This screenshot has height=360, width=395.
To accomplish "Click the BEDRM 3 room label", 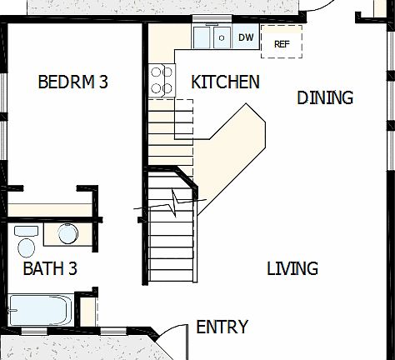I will pos(73,82).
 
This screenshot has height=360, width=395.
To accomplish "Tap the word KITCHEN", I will pos(225,82).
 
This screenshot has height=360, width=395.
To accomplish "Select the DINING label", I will pos(325,98).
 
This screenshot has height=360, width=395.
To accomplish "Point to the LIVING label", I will pos(292,269).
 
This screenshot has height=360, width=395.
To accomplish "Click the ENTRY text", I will pos(222,327).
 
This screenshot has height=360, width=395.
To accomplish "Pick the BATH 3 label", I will pos(50,269).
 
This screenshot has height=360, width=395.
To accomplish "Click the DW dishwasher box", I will pos(246,37).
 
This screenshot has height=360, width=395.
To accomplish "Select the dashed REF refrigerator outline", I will pos(281,42).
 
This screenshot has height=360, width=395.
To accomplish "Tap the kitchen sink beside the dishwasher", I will pos(213,37).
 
